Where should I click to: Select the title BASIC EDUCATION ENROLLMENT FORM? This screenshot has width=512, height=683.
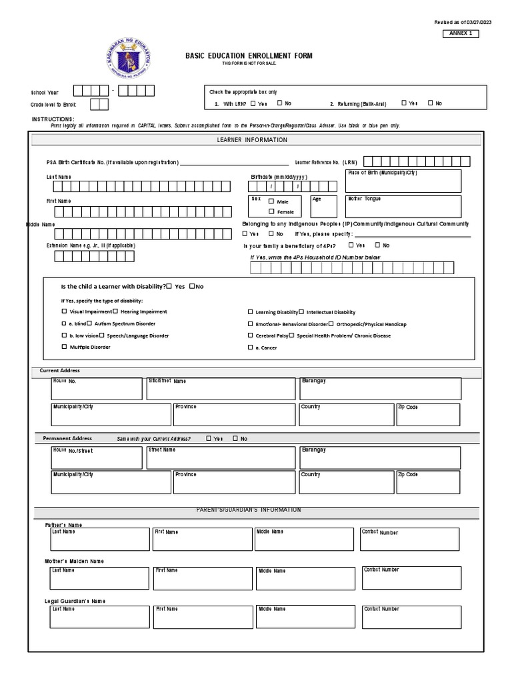click(249, 56)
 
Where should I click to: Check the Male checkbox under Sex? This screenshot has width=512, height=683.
click(271, 201)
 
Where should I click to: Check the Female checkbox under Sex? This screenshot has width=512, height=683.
click(271, 211)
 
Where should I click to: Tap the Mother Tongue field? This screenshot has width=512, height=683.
click(403, 206)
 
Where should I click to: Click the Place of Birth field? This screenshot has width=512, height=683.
click(403, 180)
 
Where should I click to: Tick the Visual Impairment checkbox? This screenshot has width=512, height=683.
click(64, 311)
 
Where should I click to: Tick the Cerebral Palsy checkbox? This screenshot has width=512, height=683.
click(251, 335)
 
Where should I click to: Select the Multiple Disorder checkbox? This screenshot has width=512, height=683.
click(64, 348)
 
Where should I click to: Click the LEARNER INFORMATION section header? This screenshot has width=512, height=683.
click(252, 140)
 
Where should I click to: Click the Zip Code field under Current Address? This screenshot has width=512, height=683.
click(427, 414)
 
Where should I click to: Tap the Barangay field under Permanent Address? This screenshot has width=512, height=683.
click(379, 458)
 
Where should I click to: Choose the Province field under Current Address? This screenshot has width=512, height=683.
click(233, 414)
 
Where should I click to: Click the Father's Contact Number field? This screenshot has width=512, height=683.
click(409, 539)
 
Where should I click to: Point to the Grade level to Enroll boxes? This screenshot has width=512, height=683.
click(98, 104)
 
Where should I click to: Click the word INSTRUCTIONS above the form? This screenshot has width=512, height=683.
click(53, 119)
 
